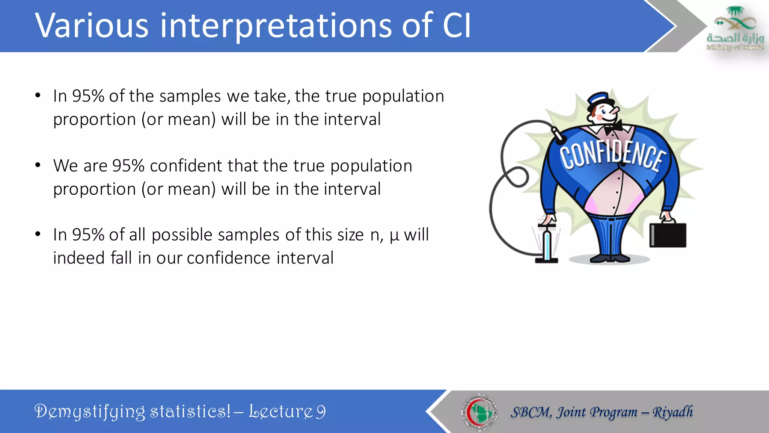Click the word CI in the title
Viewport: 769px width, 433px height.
[456, 26]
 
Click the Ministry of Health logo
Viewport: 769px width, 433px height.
[735, 28]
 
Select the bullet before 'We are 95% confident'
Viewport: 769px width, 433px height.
[38, 165]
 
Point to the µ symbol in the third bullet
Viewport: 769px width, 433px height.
[394, 236]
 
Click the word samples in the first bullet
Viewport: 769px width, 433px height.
[190, 96]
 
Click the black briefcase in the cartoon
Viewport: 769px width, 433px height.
[668, 235]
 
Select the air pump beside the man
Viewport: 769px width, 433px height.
[547, 242]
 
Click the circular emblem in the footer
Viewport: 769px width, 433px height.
[479, 412]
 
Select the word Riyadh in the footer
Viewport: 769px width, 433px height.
[673, 412]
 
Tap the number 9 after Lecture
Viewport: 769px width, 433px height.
[321, 412]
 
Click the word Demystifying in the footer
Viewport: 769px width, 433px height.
[89, 412]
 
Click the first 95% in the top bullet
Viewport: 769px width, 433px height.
[88, 96]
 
